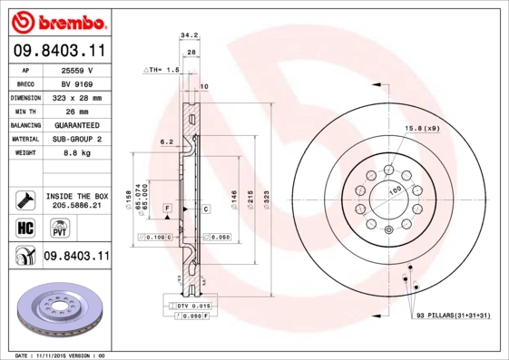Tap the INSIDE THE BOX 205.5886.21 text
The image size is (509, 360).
76,201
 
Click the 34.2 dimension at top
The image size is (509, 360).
189,35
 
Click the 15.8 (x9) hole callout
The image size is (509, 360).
423,128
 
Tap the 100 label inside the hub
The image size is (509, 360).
396,190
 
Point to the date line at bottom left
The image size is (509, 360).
62,355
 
